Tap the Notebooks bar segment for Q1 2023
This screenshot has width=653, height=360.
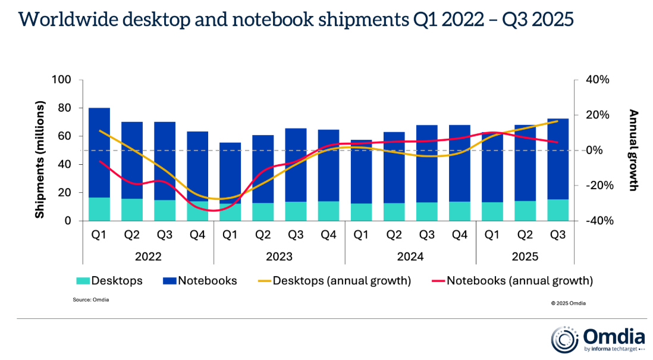pos(230,173)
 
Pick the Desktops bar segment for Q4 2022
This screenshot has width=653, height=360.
pos(197,211)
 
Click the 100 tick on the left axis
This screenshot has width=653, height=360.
pos(62,80)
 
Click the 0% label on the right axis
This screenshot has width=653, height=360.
pos(597,151)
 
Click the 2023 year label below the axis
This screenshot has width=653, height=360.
pos(279,257)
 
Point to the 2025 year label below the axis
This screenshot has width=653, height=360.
pos(525,257)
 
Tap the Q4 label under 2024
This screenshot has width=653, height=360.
pos(459,235)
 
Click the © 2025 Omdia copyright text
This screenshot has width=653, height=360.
pos(568,303)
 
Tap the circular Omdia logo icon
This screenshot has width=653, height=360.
pos(563,338)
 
